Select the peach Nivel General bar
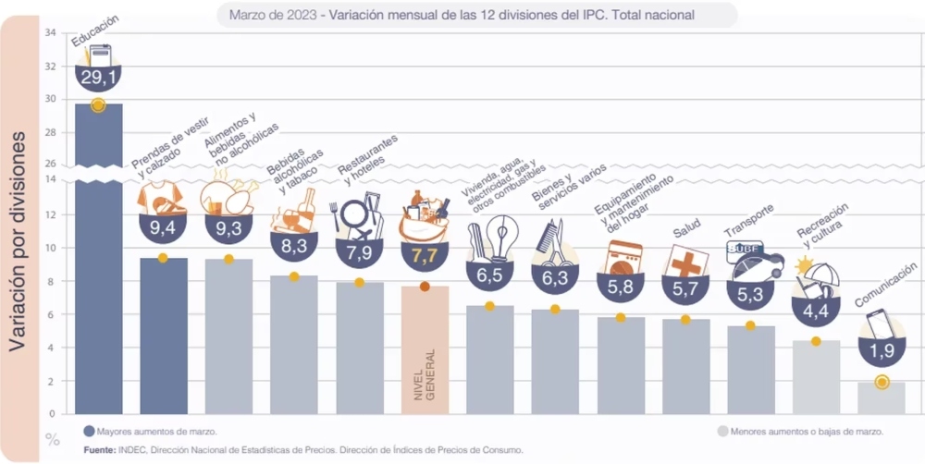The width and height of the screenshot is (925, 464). tap(425, 351)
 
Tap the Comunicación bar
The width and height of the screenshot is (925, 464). tap(881, 398)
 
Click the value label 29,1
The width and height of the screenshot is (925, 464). tap(98, 79)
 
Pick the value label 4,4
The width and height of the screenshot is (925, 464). tap(815, 311)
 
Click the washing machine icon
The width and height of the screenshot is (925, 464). tap(626, 258)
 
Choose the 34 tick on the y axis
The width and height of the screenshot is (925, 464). tap(50, 33)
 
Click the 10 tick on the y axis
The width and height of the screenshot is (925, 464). tap(50, 249)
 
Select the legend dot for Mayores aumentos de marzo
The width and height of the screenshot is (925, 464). tap(89, 431)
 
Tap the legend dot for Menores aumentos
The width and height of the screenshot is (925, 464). tap(721, 431)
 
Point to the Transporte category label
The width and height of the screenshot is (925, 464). tap(749, 225)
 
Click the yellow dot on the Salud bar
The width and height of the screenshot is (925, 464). tap(685, 320)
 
